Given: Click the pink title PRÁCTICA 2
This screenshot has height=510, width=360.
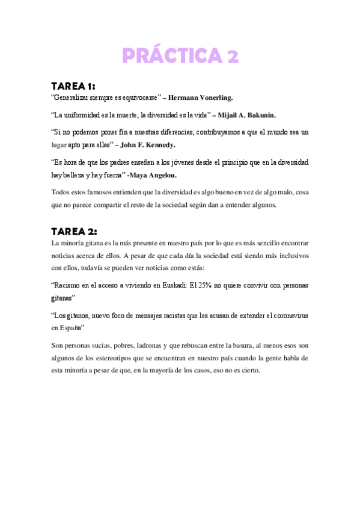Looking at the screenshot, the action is click(180, 56).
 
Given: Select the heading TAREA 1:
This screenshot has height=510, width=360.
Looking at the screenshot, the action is click(73, 86).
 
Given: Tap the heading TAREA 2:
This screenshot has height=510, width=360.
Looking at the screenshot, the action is click(74, 232).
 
